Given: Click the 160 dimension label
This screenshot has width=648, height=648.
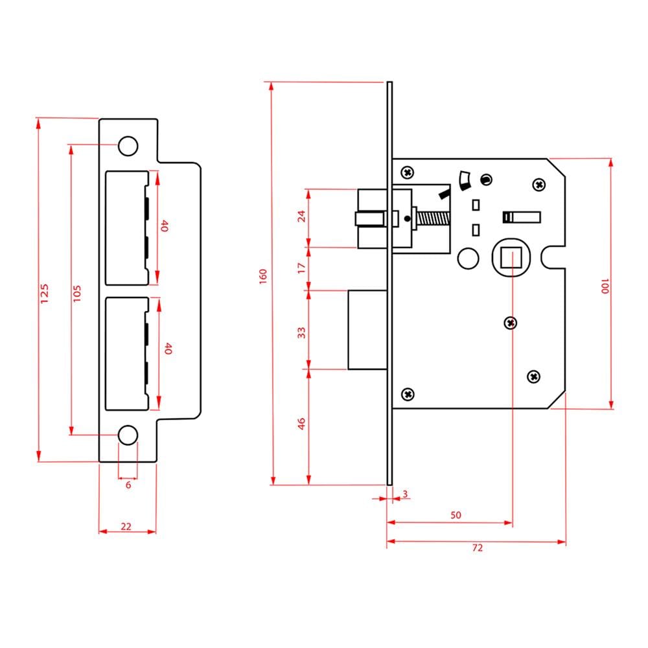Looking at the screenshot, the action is (x=263, y=276).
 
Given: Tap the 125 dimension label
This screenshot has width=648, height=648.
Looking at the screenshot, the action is (x=44, y=294).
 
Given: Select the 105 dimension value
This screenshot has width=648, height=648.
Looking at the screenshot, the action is (x=77, y=294).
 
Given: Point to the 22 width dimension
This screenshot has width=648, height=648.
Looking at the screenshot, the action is (x=126, y=526).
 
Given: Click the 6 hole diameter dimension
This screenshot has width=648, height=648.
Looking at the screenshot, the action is (x=128, y=485).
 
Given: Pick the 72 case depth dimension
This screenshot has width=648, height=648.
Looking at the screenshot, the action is (x=478, y=548).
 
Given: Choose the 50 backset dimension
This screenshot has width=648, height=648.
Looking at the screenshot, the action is (x=456, y=515).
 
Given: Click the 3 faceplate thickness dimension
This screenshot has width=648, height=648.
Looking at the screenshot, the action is (x=405, y=494).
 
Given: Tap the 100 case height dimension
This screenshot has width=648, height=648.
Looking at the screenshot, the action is (x=605, y=286).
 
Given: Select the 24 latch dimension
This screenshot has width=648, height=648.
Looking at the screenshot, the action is (x=301, y=216).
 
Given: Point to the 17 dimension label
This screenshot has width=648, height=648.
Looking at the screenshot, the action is (x=301, y=268).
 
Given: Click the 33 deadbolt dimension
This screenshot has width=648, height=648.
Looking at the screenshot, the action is (x=301, y=332).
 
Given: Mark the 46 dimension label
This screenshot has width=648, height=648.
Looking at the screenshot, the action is (x=301, y=424).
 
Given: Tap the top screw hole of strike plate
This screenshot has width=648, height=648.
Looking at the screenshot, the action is (x=128, y=146).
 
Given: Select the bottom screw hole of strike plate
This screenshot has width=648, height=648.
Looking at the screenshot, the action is (x=128, y=435).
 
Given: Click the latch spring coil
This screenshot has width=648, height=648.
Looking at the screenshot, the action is (x=433, y=218).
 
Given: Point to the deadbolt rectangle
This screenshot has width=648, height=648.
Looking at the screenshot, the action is (x=367, y=330).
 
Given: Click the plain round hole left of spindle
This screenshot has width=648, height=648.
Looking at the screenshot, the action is (x=469, y=259).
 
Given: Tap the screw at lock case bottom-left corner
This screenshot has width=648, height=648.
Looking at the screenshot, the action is (x=408, y=394).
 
